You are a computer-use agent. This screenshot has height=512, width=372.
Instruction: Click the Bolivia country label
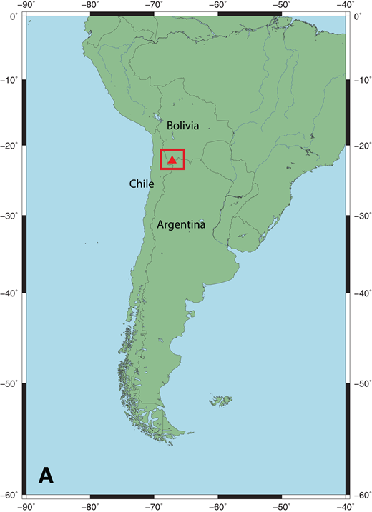[x=182, y=126]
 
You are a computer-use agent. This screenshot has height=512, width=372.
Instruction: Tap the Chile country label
[x=142, y=184]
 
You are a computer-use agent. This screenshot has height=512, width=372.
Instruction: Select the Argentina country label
[x=182, y=225]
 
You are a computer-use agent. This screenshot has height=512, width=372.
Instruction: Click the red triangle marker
[x=172, y=160]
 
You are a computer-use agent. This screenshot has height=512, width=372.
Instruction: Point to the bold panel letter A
[x=46, y=475]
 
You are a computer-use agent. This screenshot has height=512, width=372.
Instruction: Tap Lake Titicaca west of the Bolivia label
[x=157, y=118]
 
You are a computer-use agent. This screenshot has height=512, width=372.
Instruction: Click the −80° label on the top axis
[x=89, y=6]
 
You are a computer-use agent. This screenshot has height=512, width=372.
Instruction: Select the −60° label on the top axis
[x=217, y=6]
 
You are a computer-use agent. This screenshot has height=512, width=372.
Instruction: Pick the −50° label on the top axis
[x=281, y=6]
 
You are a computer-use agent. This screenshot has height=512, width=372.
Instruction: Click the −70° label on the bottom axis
[x=153, y=506]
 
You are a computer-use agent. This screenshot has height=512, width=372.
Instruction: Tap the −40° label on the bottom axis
[x=346, y=506]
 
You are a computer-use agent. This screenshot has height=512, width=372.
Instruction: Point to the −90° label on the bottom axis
[x=26, y=506]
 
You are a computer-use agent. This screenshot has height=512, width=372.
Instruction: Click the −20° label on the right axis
[x=362, y=146]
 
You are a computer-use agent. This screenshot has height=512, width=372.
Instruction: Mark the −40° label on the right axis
[x=362, y=293]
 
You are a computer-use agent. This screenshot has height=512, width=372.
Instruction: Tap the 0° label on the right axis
[x=358, y=16]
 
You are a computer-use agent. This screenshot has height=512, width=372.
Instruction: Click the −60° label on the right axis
[x=362, y=495]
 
